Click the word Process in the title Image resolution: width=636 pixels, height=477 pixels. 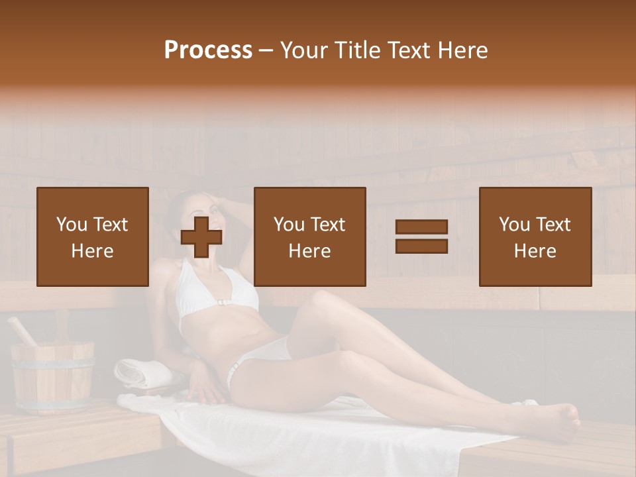tap(208, 50)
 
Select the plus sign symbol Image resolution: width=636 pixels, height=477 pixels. tap(201, 237)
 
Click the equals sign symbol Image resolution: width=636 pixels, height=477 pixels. tap(421, 237)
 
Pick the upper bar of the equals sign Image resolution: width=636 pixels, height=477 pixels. tap(421, 227)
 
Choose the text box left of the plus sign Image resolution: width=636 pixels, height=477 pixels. tap(92, 237)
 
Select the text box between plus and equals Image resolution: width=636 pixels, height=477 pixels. tap(309, 237)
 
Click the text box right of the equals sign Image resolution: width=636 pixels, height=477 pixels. tap(535, 237)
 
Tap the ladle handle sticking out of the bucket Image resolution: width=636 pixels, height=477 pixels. tap(22, 331)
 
